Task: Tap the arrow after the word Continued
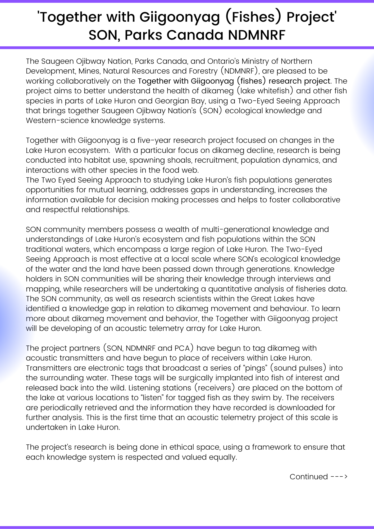[339, 477]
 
